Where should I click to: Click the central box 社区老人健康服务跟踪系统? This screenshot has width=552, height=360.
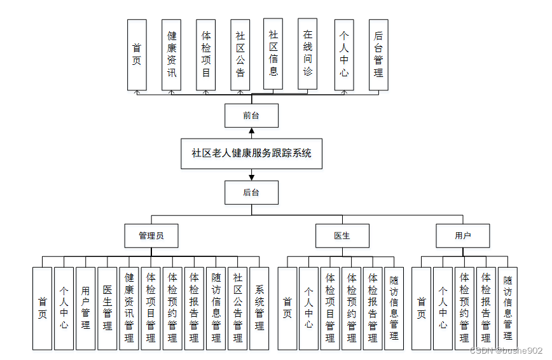click(251, 153)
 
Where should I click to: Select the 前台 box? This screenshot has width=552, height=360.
click(251, 116)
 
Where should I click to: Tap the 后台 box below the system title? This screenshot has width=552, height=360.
click(251, 193)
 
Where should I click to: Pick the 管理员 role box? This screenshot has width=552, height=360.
click(151, 235)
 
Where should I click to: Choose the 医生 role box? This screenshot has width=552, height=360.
click(342, 235)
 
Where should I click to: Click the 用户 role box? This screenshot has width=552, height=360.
click(462, 235)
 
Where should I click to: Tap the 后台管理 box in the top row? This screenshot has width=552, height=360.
click(378, 54)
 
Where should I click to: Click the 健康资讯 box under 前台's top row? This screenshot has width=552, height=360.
click(172, 54)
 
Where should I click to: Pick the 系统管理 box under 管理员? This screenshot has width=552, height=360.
click(259, 308)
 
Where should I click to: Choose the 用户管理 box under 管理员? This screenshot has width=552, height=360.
click(85, 308)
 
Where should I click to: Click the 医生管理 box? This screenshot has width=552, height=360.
click(107, 308)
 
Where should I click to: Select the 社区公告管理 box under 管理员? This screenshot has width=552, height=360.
click(237, 308)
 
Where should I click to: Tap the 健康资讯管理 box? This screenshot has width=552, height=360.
click(129, 308)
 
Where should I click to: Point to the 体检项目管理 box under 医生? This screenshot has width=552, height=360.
click(330, 308)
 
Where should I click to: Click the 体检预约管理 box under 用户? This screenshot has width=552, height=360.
click(464, 308)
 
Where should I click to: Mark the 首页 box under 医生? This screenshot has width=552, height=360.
click(287, 308)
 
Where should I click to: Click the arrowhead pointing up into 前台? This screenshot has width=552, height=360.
click(252, 131)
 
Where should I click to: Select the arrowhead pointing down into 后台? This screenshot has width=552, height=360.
click(252, 177)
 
